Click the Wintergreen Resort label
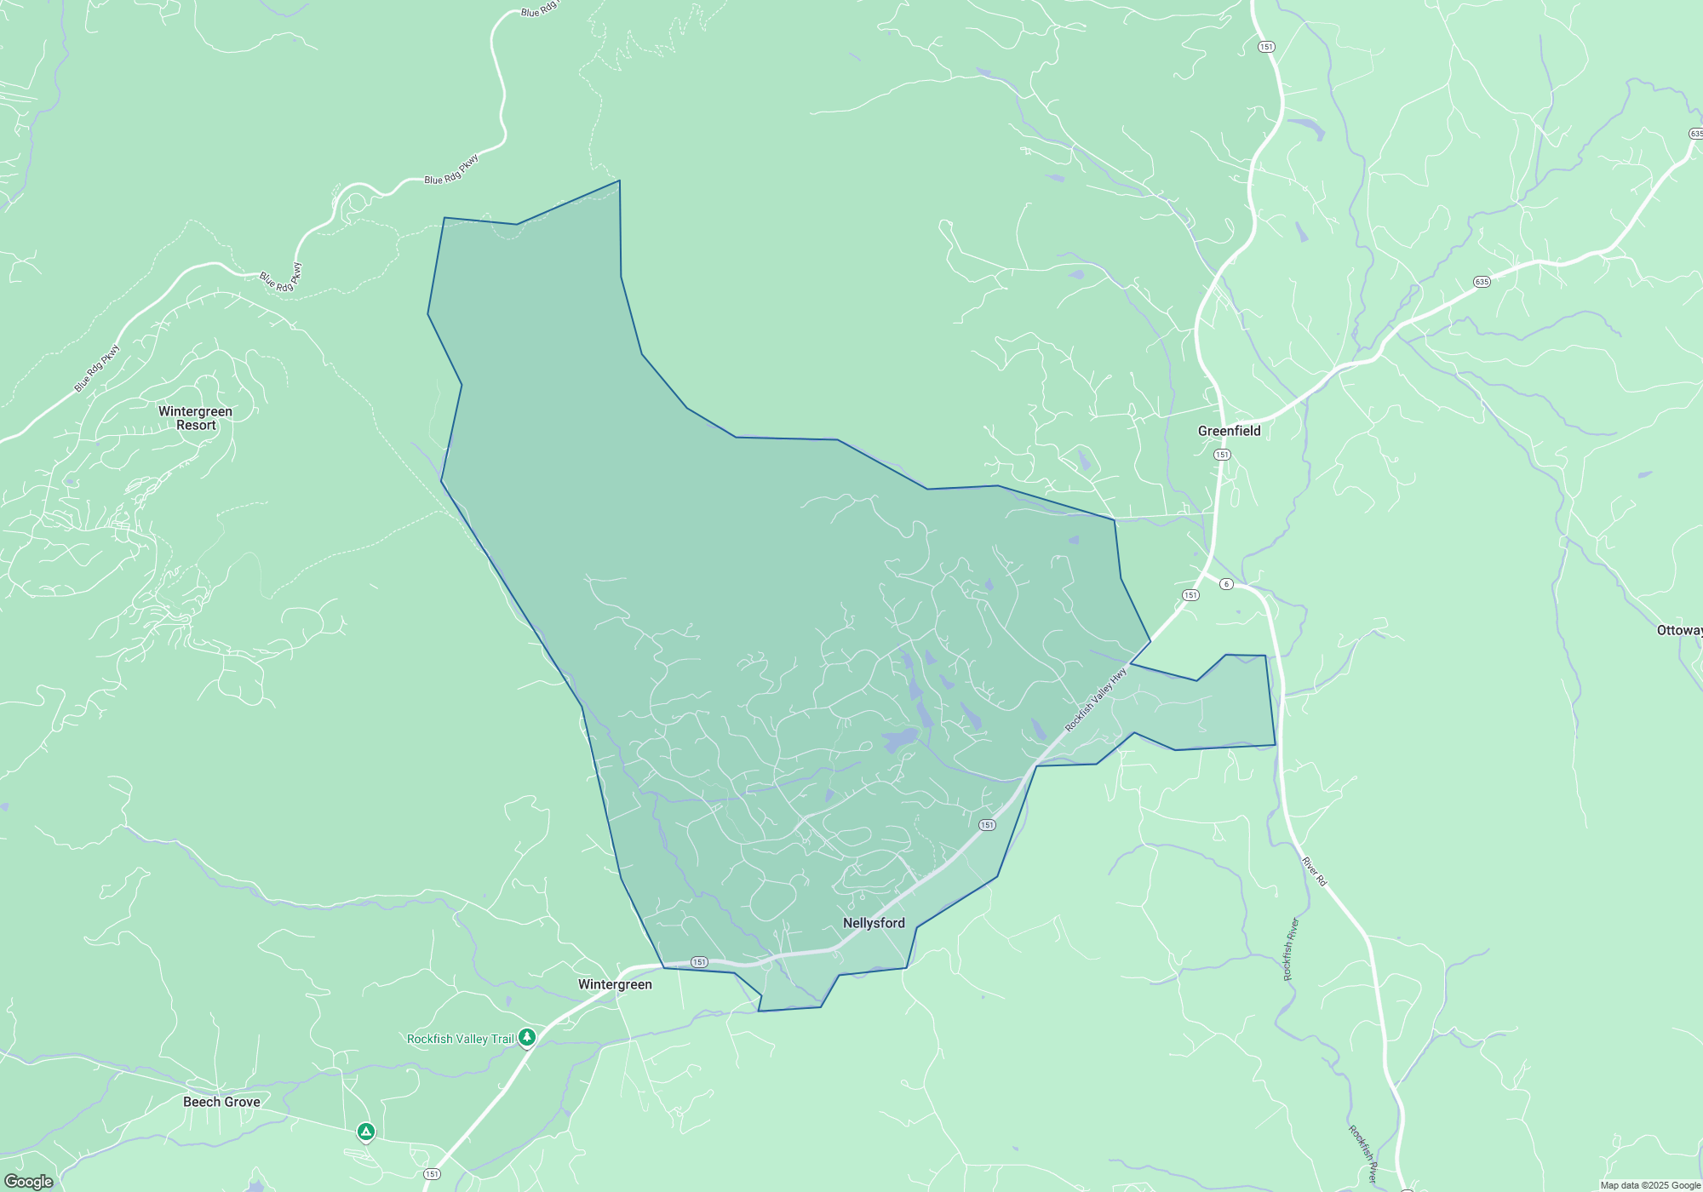[195, 418]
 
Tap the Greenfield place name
[1229, 431]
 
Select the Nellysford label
[874, 923]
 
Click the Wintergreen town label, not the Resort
[615, 984]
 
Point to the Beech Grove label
[221, 1102]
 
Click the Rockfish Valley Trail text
[460, 1039]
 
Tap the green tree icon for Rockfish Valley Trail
[527, 1037]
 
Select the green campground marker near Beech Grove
[365, 1132]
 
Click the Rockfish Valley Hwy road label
[1096, 699]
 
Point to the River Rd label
[1314, 871]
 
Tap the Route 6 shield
[1226, 583]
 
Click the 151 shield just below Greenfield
[1222, 455]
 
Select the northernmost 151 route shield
[1266, 47]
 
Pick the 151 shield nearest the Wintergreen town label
[699, 962]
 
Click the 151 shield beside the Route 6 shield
[1190, 595]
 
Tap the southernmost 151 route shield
[432, 1174]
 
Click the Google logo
[29, 1182]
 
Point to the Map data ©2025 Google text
[1650, 1185]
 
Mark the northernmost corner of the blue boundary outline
[619, 181]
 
